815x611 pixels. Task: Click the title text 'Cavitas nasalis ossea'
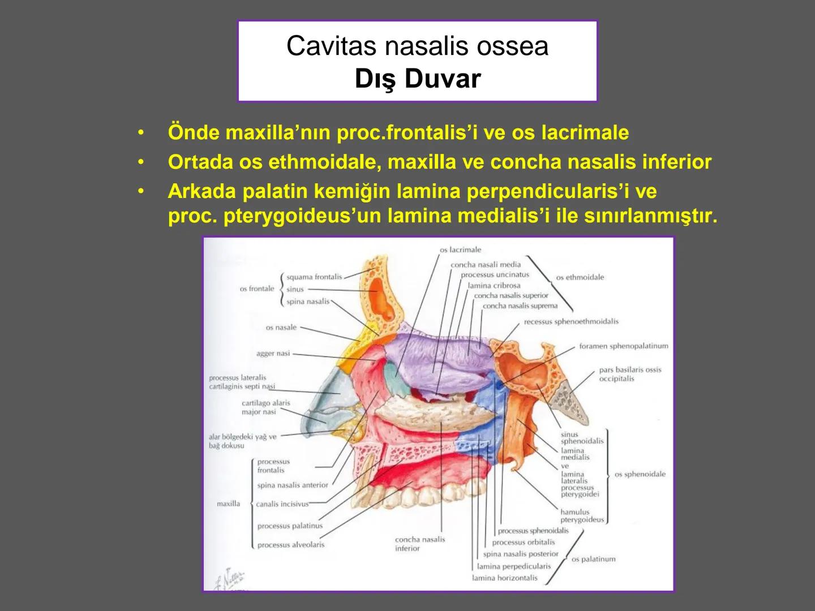click(417, 46)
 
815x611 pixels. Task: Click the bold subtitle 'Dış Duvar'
click(418, 79)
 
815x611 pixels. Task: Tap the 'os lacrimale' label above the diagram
click(460, 249)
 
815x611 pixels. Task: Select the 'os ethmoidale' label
click(580, 277)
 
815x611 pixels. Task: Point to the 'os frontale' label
click(256, 289)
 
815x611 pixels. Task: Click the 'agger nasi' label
click(273, 354)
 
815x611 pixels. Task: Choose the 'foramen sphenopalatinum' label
click(623, 346)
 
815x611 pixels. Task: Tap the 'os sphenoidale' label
click(640, 474)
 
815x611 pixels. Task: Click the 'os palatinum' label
click(593, 559)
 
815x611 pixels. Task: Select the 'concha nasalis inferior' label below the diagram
click(420, 544)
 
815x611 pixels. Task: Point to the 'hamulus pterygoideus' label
click(581, 515)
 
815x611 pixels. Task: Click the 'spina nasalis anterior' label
click(292, 485)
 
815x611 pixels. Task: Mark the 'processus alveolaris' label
click(290, 545)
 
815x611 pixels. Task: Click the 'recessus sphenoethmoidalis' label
click(570, 321)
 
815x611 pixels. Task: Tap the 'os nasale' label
click(281, 328)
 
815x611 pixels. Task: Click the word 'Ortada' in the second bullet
click(200, 162)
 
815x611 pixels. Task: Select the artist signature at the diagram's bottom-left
click(229, 579)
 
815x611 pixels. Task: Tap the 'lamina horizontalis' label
click(504, 578)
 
